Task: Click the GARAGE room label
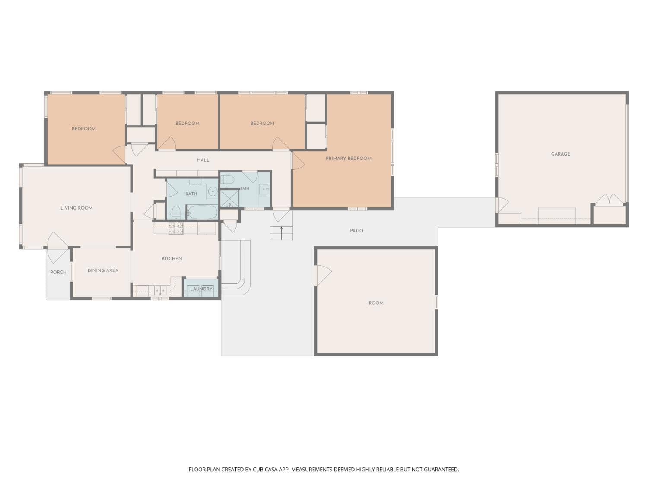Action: click(x=560, y=154)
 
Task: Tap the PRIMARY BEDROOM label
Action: click(x=348, y=159)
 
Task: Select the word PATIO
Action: click(x=356, y=230)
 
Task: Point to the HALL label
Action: click(x=203, y=160)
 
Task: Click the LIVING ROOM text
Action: click(x=76, y=208)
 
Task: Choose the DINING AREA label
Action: click(x=103, y=270)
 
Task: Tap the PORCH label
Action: click(x=58, y=272)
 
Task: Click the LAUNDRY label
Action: click(x=201, y=289)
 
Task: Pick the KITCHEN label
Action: click(x=172, y=258)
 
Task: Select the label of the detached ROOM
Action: click(x=376, y=303)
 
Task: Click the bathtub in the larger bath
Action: click(x=203, y=212)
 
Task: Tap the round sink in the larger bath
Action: click(x=212, y=191)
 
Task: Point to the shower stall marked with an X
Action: click(x=230, y=199)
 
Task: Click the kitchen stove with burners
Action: click(x=176, y=229)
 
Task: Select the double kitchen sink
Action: click(x=160, y=291)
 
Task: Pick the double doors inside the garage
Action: click(x=609, y=199)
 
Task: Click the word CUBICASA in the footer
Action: click(x=265, y=469)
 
